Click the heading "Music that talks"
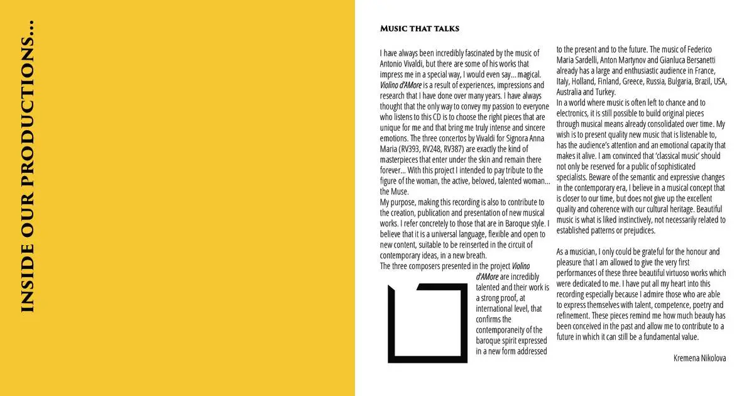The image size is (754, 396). point(420,29)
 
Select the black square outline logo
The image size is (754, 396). point(427,323)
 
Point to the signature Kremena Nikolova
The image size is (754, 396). point(699,358)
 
